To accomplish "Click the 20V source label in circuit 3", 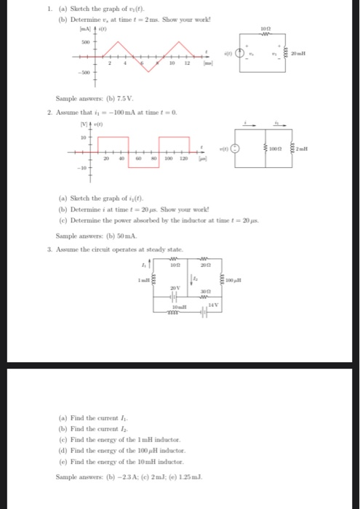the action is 175,288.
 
